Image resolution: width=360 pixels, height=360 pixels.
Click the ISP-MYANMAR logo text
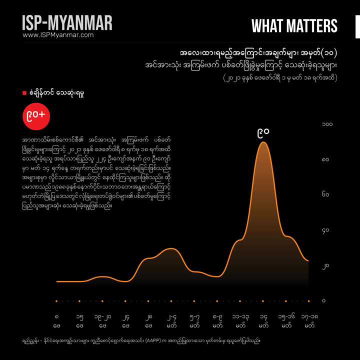click(x=67, y=23)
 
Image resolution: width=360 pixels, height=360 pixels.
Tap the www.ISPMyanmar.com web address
click(x=58, y=35)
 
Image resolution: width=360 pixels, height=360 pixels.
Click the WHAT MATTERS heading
click(x=294, y=26)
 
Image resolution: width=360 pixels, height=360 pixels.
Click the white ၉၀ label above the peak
click(x=263, y=133)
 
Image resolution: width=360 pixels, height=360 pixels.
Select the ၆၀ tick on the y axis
click(x=325, y=195)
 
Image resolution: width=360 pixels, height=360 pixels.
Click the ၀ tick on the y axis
click(x=324, y=301)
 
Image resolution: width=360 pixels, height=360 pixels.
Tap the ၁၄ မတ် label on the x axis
click(x=263, y=320)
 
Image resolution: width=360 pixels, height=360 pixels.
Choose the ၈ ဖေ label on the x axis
click(x=56, y=320)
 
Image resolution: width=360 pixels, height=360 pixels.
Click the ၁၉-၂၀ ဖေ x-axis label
click(x=102, y=320)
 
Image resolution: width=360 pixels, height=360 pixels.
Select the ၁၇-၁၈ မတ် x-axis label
click(x=309, y=320)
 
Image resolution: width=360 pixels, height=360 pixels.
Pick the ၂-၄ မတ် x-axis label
click(x=171, y=320)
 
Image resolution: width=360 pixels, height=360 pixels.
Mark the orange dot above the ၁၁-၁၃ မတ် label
click(x=240, y=301)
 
